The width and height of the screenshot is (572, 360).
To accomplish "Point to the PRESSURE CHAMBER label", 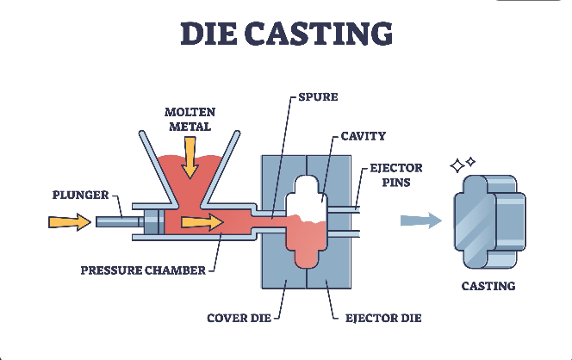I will (143, 270).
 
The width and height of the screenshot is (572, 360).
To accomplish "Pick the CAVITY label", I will (364, 135).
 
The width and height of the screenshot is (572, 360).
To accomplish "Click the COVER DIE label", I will (234, 318).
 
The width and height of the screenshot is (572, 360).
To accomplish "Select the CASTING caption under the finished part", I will (488, 286).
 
